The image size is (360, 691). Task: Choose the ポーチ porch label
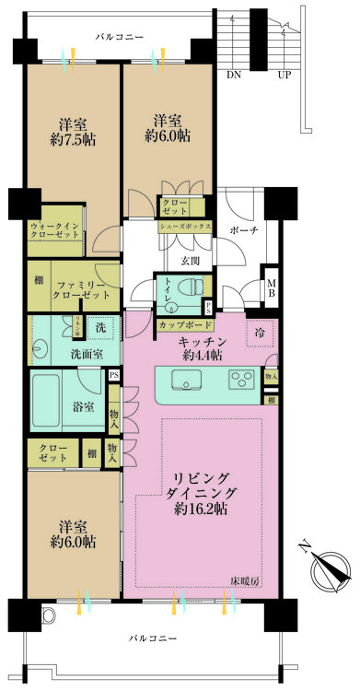[x=243, y=228]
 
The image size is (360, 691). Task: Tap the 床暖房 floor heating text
[x=247, y=580]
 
